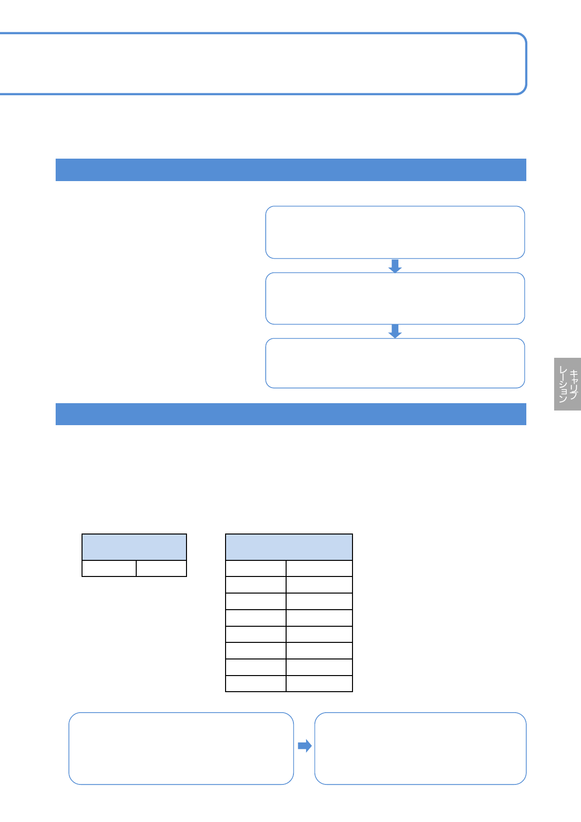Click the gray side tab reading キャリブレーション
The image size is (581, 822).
pos(567,384)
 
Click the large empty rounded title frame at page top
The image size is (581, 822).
pos(264,63)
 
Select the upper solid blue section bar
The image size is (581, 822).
pos(290,170)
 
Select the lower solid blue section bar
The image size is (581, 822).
pos(290,414)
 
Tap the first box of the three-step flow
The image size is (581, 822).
pos(394,232)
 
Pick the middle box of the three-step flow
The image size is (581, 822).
pos(394,298)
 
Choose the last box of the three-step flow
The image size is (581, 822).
pos(394,363)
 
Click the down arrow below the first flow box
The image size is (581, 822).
pos(395,266)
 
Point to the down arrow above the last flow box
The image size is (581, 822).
pos(395,331)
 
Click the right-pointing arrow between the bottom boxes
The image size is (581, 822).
pos(305,746)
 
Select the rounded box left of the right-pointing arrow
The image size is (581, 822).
pos(181,748)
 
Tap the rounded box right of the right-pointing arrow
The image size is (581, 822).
pos(420,748)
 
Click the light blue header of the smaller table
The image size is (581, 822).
pos(134,547)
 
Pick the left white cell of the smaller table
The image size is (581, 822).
pos(109,569)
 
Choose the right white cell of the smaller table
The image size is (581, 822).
pos(161,569)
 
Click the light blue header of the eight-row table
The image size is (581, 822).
pos(289,547)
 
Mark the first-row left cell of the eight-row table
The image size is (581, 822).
pos(256,569)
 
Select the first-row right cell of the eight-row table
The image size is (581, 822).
pos(319,569)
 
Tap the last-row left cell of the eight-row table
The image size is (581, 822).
pos(256,683)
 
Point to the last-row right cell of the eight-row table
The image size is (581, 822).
pos(319,683)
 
